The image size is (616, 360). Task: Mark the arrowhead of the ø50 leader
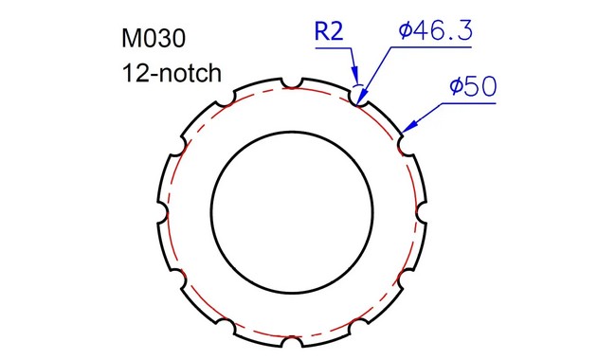pos(406,129)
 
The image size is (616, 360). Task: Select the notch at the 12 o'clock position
pos(293,81)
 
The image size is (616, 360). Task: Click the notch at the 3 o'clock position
pos(421,209)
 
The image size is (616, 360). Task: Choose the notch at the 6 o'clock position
pos(293,337)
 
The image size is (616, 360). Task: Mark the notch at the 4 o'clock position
pos(404,273)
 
